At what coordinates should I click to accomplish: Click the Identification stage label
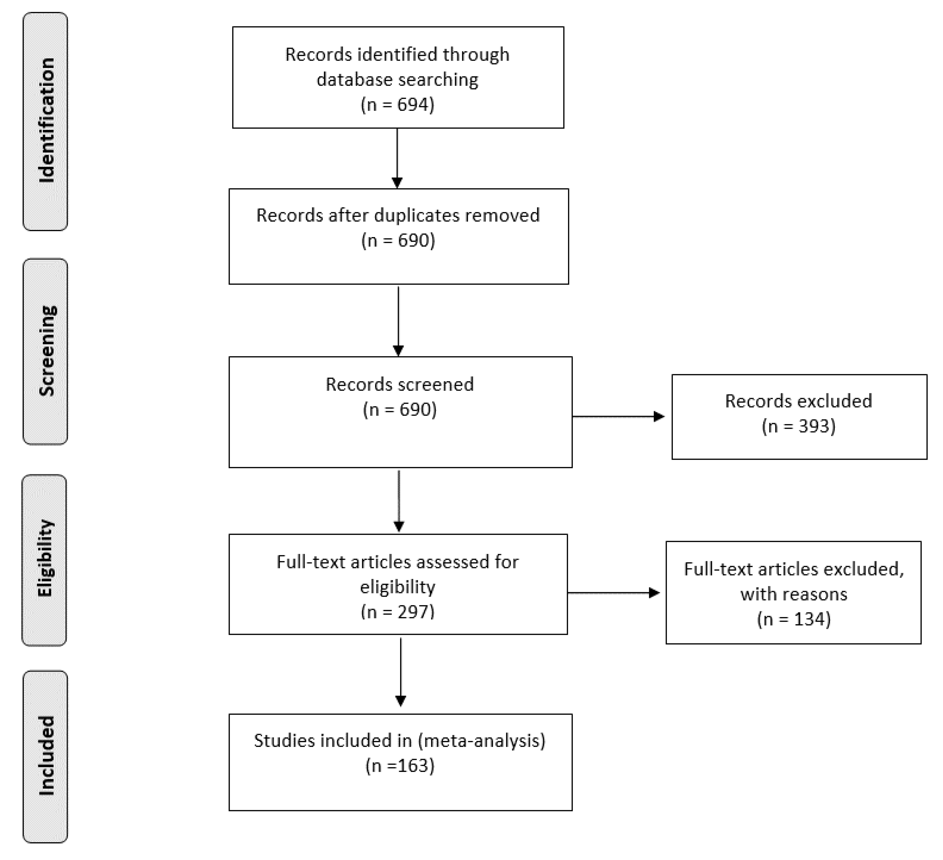pyautogui.click(x=46, y=121)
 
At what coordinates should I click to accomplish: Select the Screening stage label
pyautogui.click(x=46, y=351)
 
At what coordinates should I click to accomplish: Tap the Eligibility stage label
pyautogui.click(x=45, y=559)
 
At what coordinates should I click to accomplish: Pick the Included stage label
pyautogui.click(x=46, y=756)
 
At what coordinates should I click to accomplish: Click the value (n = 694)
pyautogui.click(x=397, y=104)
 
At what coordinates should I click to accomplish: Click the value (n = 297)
pyautogui.click(x=397, y=611)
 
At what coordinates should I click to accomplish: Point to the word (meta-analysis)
pyautogui.click(x=482, y=740)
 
